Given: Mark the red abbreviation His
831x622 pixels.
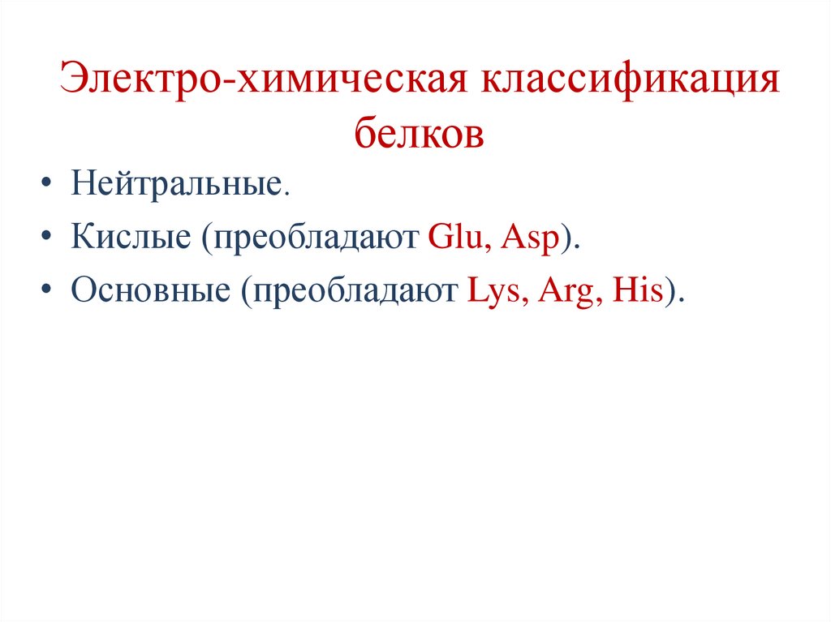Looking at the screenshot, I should (639, 290).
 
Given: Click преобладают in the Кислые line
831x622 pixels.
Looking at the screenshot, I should (315, 240).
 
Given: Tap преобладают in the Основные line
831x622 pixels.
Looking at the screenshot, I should (355, 291).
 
